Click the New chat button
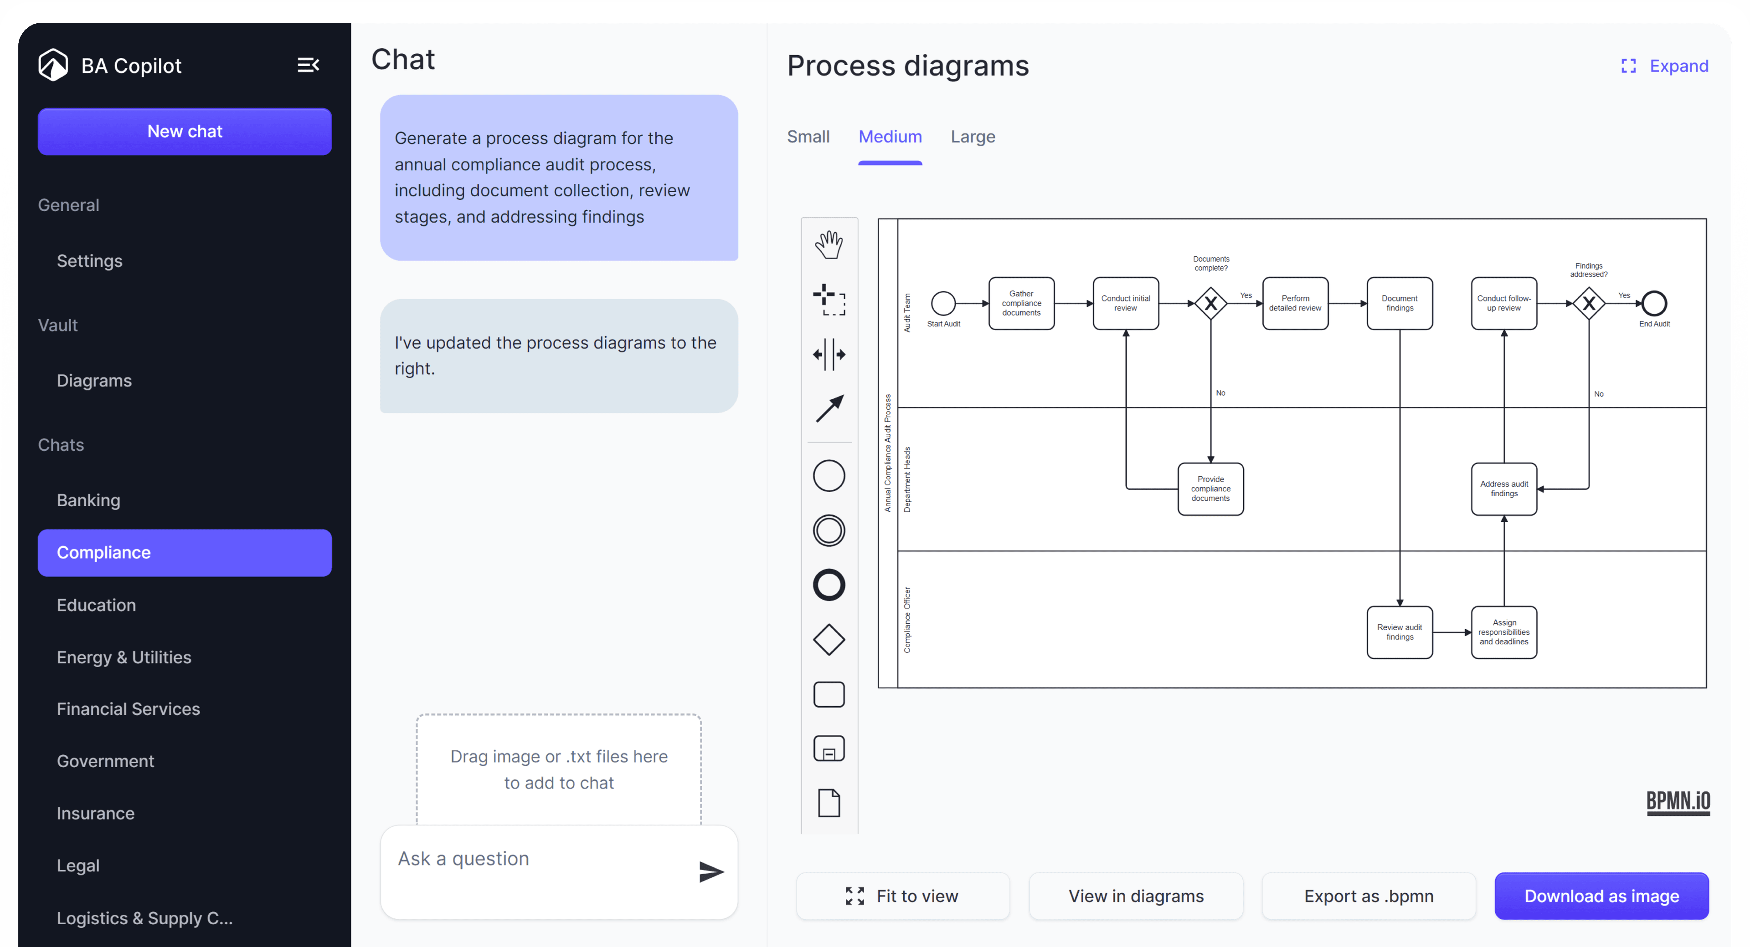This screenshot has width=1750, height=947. [185, 132]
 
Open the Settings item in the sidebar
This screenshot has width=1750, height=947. [90, 261]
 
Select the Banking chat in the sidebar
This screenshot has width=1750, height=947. [88, 500]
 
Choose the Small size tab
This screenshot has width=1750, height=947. [808, 137]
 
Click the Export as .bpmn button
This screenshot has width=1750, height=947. [1368, 896]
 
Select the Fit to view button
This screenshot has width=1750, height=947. [903, 896]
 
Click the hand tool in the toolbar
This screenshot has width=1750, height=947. [829, 244]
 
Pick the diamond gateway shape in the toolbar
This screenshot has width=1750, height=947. [829, 640]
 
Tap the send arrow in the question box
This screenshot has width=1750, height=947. [710, 871]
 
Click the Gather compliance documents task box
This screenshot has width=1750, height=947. [1021, 303]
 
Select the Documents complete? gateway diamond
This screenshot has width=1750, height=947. [1210, 303]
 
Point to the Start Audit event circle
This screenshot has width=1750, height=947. [943, 303]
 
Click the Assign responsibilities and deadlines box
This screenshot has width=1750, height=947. [1503, 632]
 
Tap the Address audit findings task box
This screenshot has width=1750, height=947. [1503, 489]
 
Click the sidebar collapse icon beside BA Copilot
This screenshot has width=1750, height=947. [309, 65]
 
